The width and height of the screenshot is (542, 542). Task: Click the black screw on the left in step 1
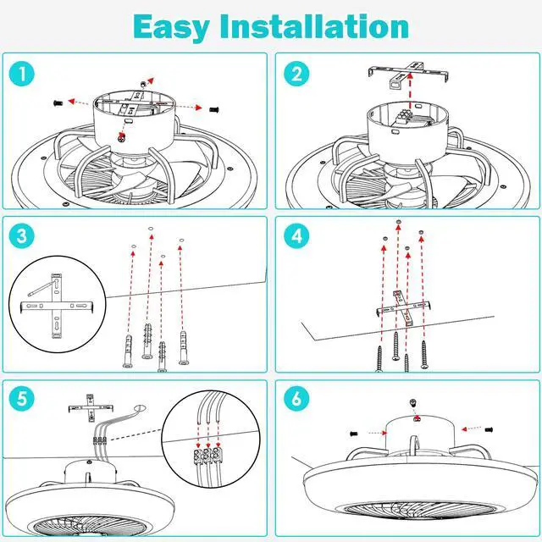[x=57, y=101]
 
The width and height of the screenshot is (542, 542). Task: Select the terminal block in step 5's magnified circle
[x=207, y=455]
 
